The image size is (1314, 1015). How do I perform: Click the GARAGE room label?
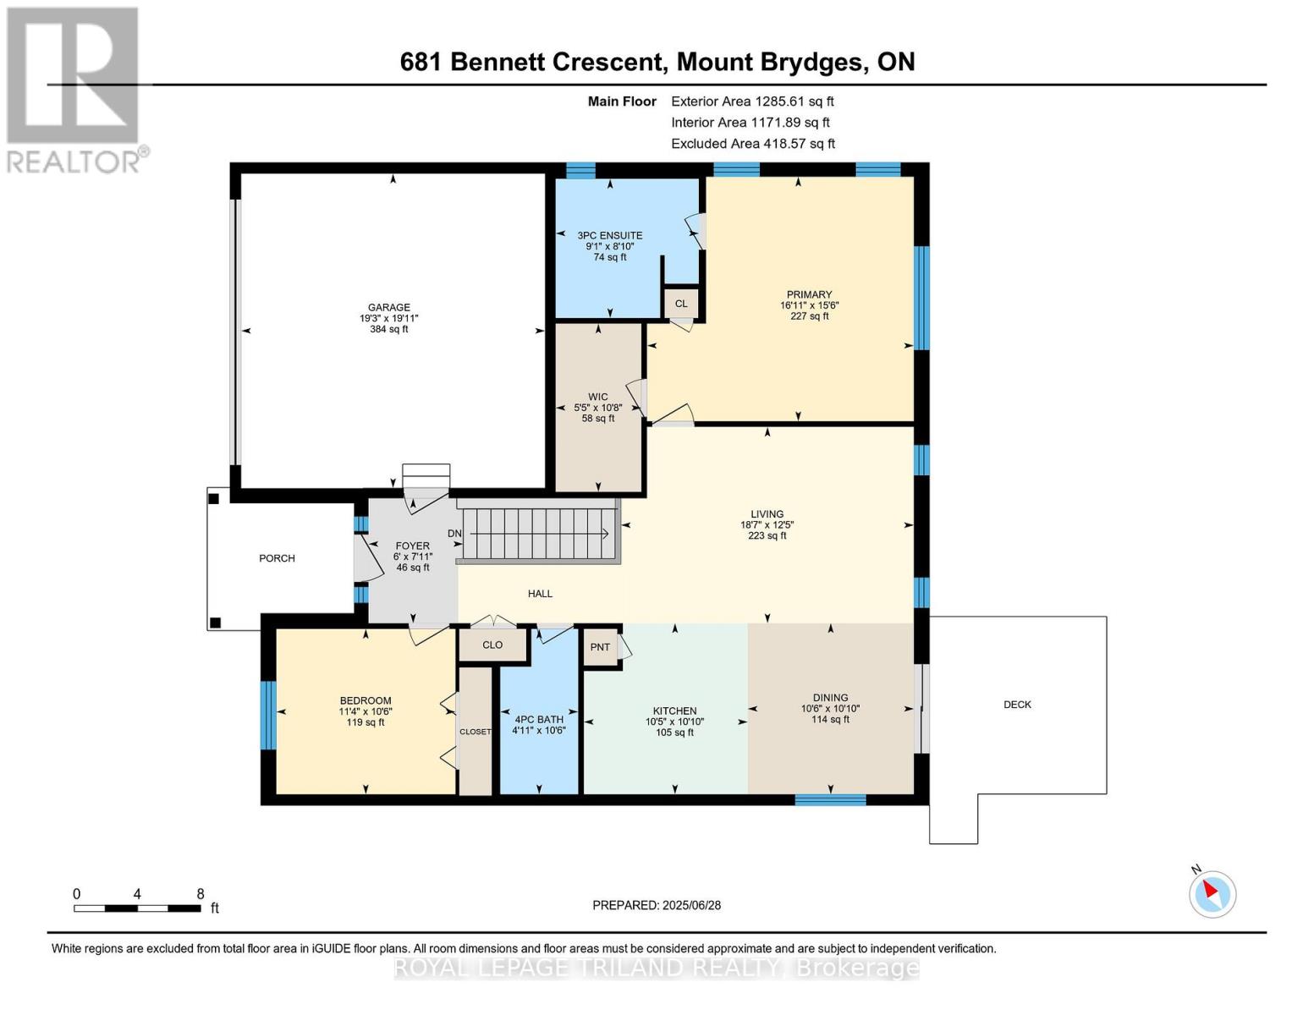[x=388, y=308]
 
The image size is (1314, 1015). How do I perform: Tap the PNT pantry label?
[x=600, y=647]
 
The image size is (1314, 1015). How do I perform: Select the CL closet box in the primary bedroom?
[x=681, y=304]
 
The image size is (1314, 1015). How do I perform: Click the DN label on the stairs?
[x=454, y=534]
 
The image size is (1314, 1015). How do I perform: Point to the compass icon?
[x=1212, y=893]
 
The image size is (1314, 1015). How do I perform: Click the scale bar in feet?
[x=138, y=908]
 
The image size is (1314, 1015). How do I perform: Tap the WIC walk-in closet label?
[x=598, y=397]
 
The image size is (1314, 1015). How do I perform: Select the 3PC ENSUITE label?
[x=609, y=236]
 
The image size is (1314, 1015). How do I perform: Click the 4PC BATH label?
[x=538, y=720]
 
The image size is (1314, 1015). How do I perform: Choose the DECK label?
[x=1017, y=705]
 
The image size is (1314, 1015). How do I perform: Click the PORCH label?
[x=277, y=558]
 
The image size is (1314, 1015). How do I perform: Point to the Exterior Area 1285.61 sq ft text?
[x=752, y=101]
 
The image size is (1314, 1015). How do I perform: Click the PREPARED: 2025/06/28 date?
[x=657, y=905]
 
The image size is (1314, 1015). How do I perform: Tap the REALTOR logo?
[x=74, y=89]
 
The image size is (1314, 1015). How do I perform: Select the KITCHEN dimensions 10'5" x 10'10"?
[x=674, y=722]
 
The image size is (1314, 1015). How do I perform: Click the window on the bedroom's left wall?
[x=268, y=715]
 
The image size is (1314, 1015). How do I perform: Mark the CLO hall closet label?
[x=492, y=645]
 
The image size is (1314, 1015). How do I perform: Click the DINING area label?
[x=830, y=698]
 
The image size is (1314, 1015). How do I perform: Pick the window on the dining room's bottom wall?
[x=830, y=799]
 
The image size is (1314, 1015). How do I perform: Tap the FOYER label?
[x=413, y=546]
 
